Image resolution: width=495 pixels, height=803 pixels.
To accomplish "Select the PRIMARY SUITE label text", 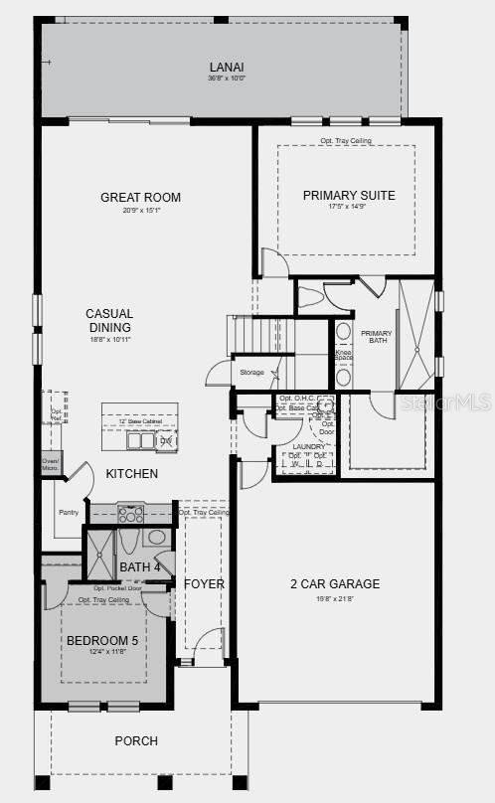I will tap(349, 195).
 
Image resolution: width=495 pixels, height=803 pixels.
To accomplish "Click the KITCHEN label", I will tap(132, 474).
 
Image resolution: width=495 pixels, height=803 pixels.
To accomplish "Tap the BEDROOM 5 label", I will tap(102, 641).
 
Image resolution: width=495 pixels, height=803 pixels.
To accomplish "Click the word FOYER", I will tap(205, 583).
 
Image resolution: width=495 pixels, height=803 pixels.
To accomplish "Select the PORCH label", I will tap(136, 740).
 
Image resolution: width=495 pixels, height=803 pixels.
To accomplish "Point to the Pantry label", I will tap(69, 513).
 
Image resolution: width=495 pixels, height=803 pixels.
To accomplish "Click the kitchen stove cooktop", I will tap(131, 514).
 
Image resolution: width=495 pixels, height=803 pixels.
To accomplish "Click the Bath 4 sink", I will tap(157, 538).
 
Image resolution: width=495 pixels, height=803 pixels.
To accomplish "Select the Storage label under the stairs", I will tap(252, 372).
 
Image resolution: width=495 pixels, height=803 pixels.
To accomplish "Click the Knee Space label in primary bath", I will tap(344, 356).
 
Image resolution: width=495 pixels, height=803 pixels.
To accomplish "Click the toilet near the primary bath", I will tap(311, 296).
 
